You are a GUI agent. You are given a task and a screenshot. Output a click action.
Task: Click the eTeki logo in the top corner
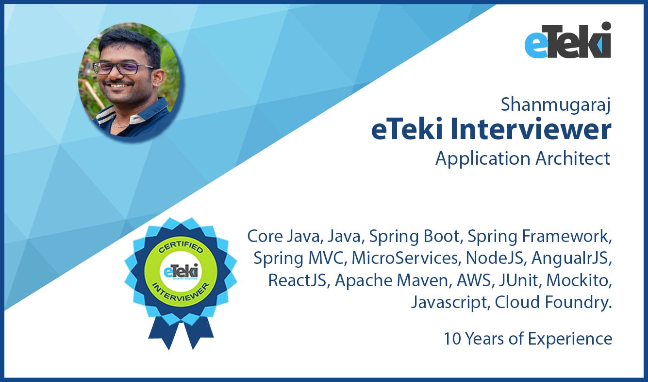point(568,40)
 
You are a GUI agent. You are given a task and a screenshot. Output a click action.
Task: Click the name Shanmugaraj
point(556,105)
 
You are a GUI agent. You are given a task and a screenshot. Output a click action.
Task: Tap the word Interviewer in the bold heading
point(531,129)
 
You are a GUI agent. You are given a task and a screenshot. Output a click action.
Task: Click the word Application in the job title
point(483,159)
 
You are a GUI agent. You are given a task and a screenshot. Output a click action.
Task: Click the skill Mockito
point(579,280)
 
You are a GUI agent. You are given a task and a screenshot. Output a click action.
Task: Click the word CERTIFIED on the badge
point(181,247)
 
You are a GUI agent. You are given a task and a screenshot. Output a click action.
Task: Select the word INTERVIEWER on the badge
point(181,293)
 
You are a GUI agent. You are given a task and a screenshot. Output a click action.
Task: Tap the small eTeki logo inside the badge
point(181,272)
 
